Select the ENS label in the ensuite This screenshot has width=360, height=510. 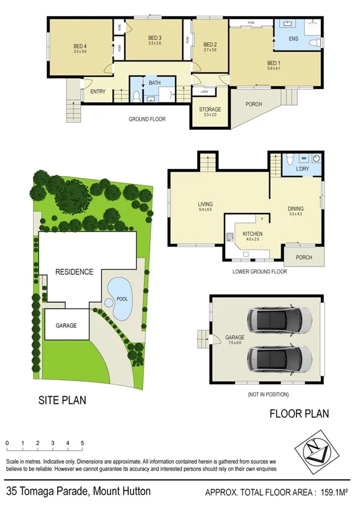coord(293,39)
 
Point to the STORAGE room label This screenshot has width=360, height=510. coord(210,109)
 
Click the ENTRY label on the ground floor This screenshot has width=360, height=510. coord(97,91)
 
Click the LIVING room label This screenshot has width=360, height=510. coord(206,204)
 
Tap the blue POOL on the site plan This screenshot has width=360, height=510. coord(120,298)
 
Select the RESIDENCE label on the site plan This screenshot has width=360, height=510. coord(75,271)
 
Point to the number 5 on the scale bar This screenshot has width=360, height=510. coord(82,443)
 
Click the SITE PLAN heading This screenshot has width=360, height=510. coord(63,399)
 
